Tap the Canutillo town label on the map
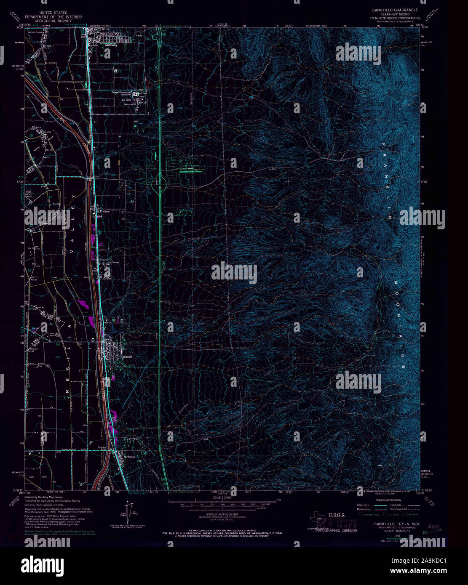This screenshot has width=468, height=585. [x=126, y=357]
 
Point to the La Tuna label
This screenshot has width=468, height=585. [x=126, y=100]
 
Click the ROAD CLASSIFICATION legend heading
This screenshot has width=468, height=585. [x=389, y=500]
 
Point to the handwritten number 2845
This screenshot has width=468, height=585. [x=431, y=526]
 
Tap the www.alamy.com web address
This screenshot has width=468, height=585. [x=423, y=571]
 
